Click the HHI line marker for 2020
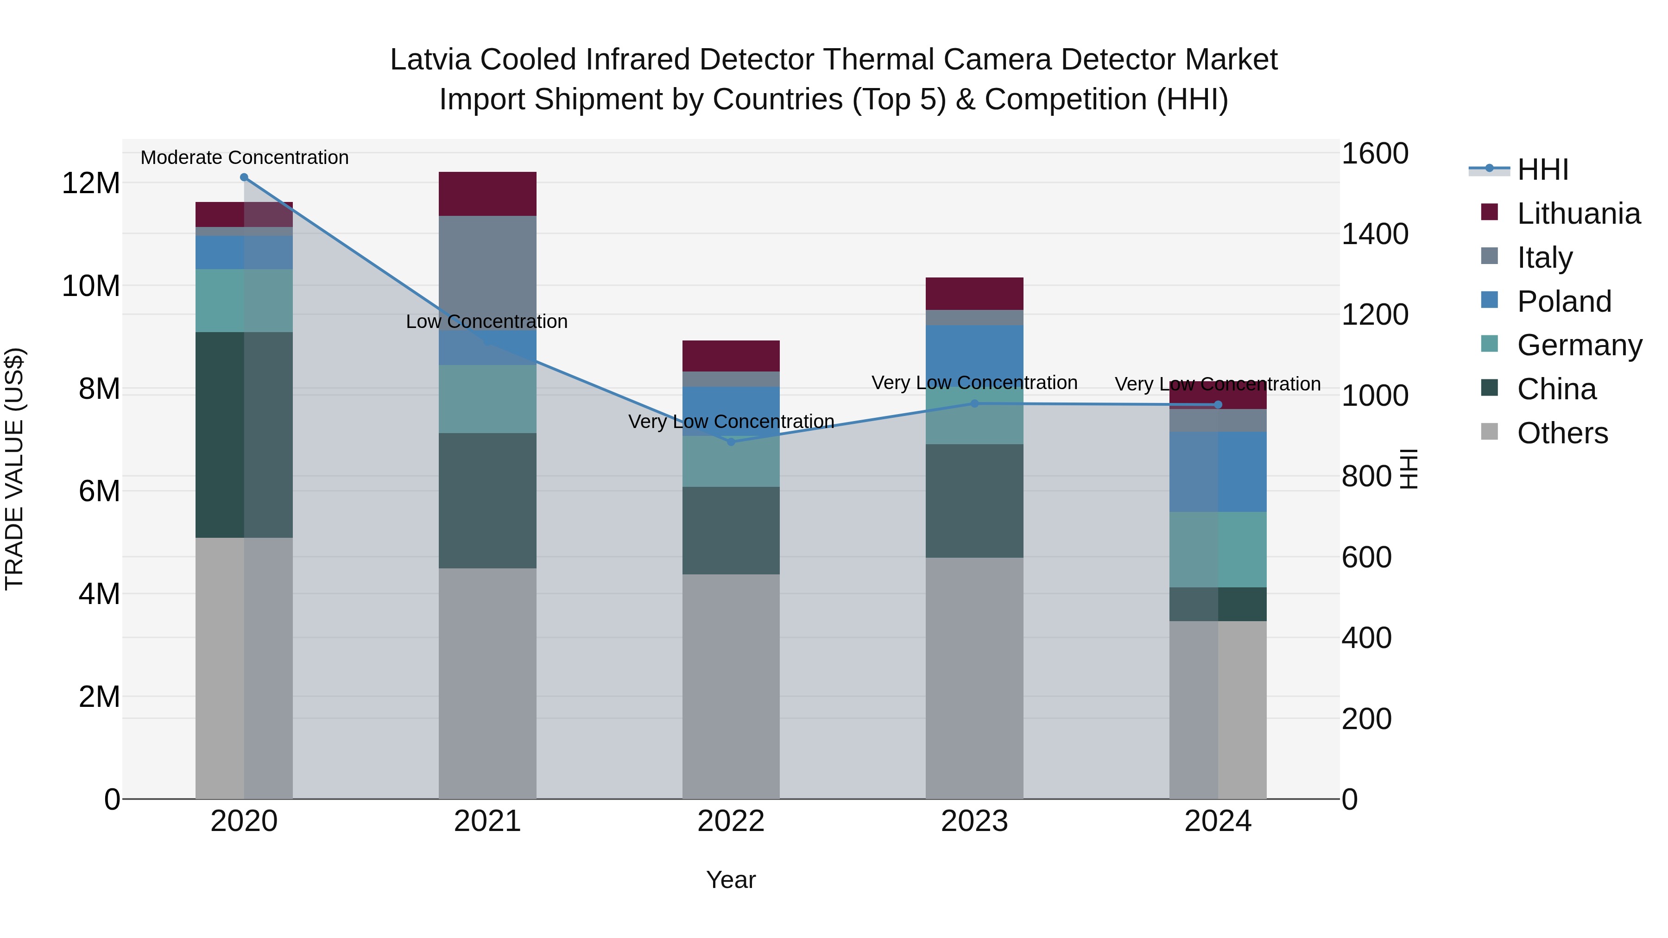coord(244,177)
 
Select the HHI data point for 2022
coord(731,442)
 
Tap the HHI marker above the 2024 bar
coord(1218,404)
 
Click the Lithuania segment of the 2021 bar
coord(487,194)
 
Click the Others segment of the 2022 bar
coord(731,686)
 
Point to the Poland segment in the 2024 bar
coord(1218,472)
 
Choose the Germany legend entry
coord(1579,345)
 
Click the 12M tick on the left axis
coord(91,183)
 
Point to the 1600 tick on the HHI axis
coord(1374,154)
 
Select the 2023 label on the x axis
coord(974,821)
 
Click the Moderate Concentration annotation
coord(244,157)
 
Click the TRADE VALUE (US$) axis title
coord(14,469)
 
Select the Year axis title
coord(731,880)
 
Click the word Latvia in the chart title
coord(427,60)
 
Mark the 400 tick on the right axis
coord(1366,638)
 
